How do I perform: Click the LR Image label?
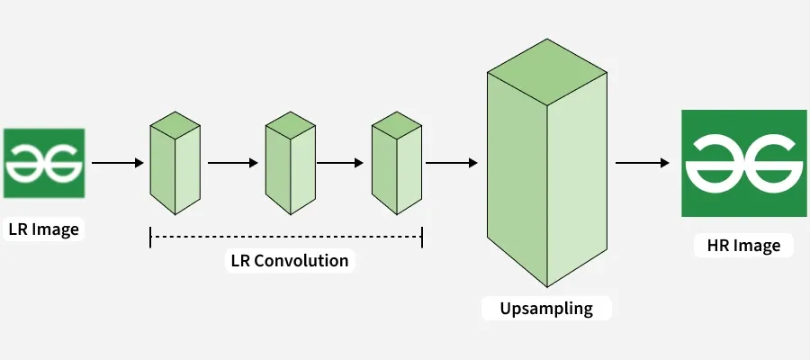(43, 229)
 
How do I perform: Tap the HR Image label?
(737, 245)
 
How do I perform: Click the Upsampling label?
(546, 308)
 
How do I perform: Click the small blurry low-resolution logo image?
(44, 163)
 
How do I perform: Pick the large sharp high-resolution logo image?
(737, 163)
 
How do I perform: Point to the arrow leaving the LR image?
(118, 163)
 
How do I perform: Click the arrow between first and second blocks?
(233, 163)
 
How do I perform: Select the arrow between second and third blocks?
(339, 163)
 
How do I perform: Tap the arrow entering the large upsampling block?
(451, 163)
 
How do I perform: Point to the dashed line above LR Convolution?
(286, 237)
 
